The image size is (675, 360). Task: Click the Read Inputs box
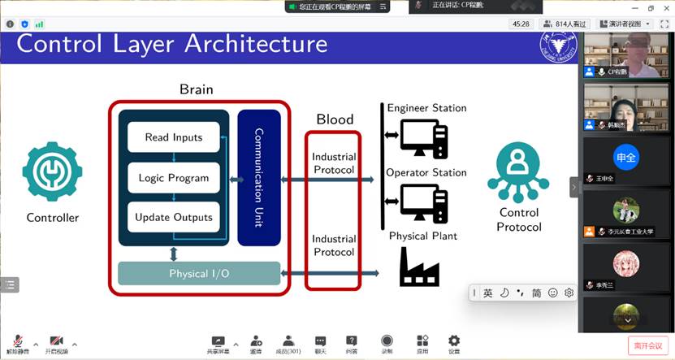coord(174,137)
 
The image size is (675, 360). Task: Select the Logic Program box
coord(174,178)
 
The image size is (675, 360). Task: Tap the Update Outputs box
coord(174,217)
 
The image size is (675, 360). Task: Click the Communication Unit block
coord(259,177)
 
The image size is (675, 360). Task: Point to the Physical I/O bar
coord(199,274)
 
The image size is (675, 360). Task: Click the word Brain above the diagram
coord(197,89)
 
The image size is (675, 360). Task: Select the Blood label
coord(335,119)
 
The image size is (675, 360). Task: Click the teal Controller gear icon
coord(53,171)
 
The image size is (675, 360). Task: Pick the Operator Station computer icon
coord(423,202)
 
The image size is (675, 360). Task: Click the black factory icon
coord(419,267)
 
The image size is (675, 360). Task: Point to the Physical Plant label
coord(422,236)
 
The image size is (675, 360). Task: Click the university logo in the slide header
coord(558,46)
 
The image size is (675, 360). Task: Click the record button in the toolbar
coord(387,342)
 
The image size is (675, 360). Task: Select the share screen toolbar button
coord(218,342)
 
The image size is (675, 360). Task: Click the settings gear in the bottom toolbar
coord(454,342)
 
